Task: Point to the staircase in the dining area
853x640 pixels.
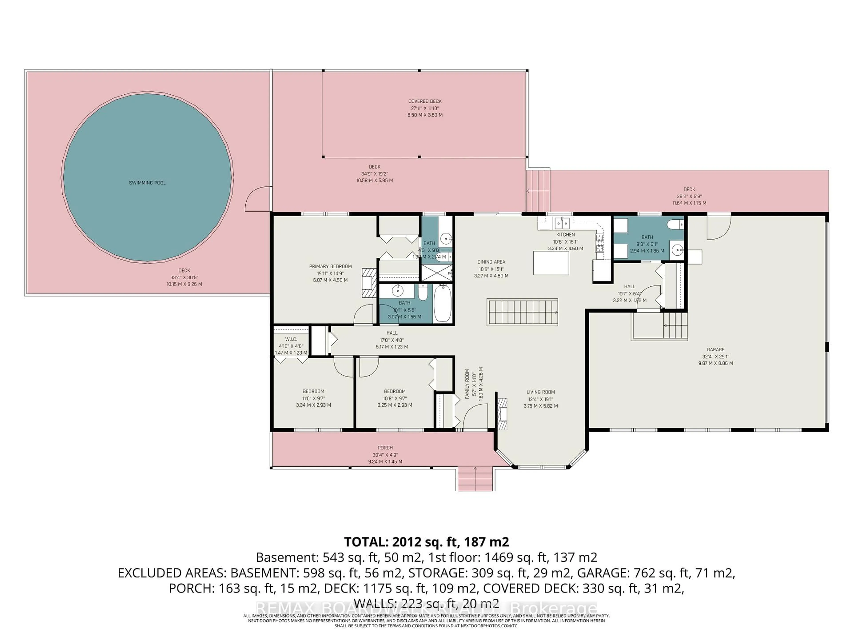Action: point(522,312)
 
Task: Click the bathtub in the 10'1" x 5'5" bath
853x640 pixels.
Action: point(442,303)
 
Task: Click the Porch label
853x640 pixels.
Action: point(385,448)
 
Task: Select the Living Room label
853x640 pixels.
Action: point(541,392)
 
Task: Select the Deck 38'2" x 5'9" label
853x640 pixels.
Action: point(689,189)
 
